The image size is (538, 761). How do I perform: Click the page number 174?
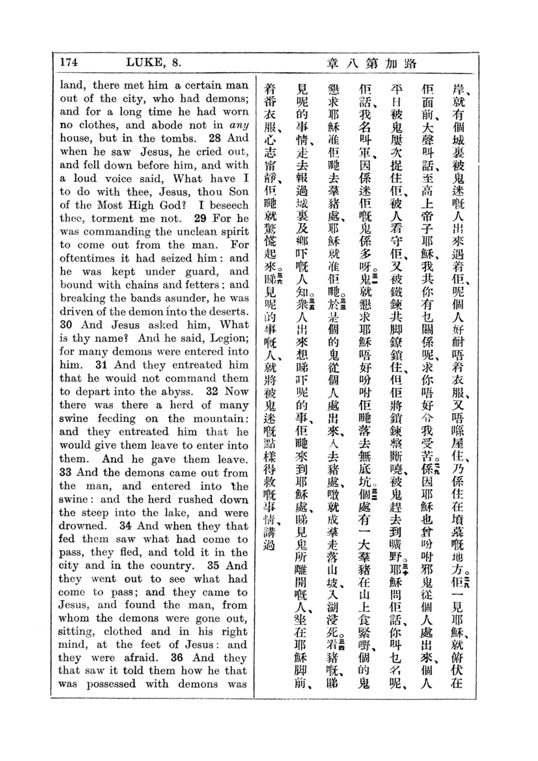69,62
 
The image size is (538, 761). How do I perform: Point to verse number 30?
66,324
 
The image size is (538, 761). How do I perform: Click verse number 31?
101,365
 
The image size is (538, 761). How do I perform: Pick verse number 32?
212,391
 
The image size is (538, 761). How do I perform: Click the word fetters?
202,285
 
